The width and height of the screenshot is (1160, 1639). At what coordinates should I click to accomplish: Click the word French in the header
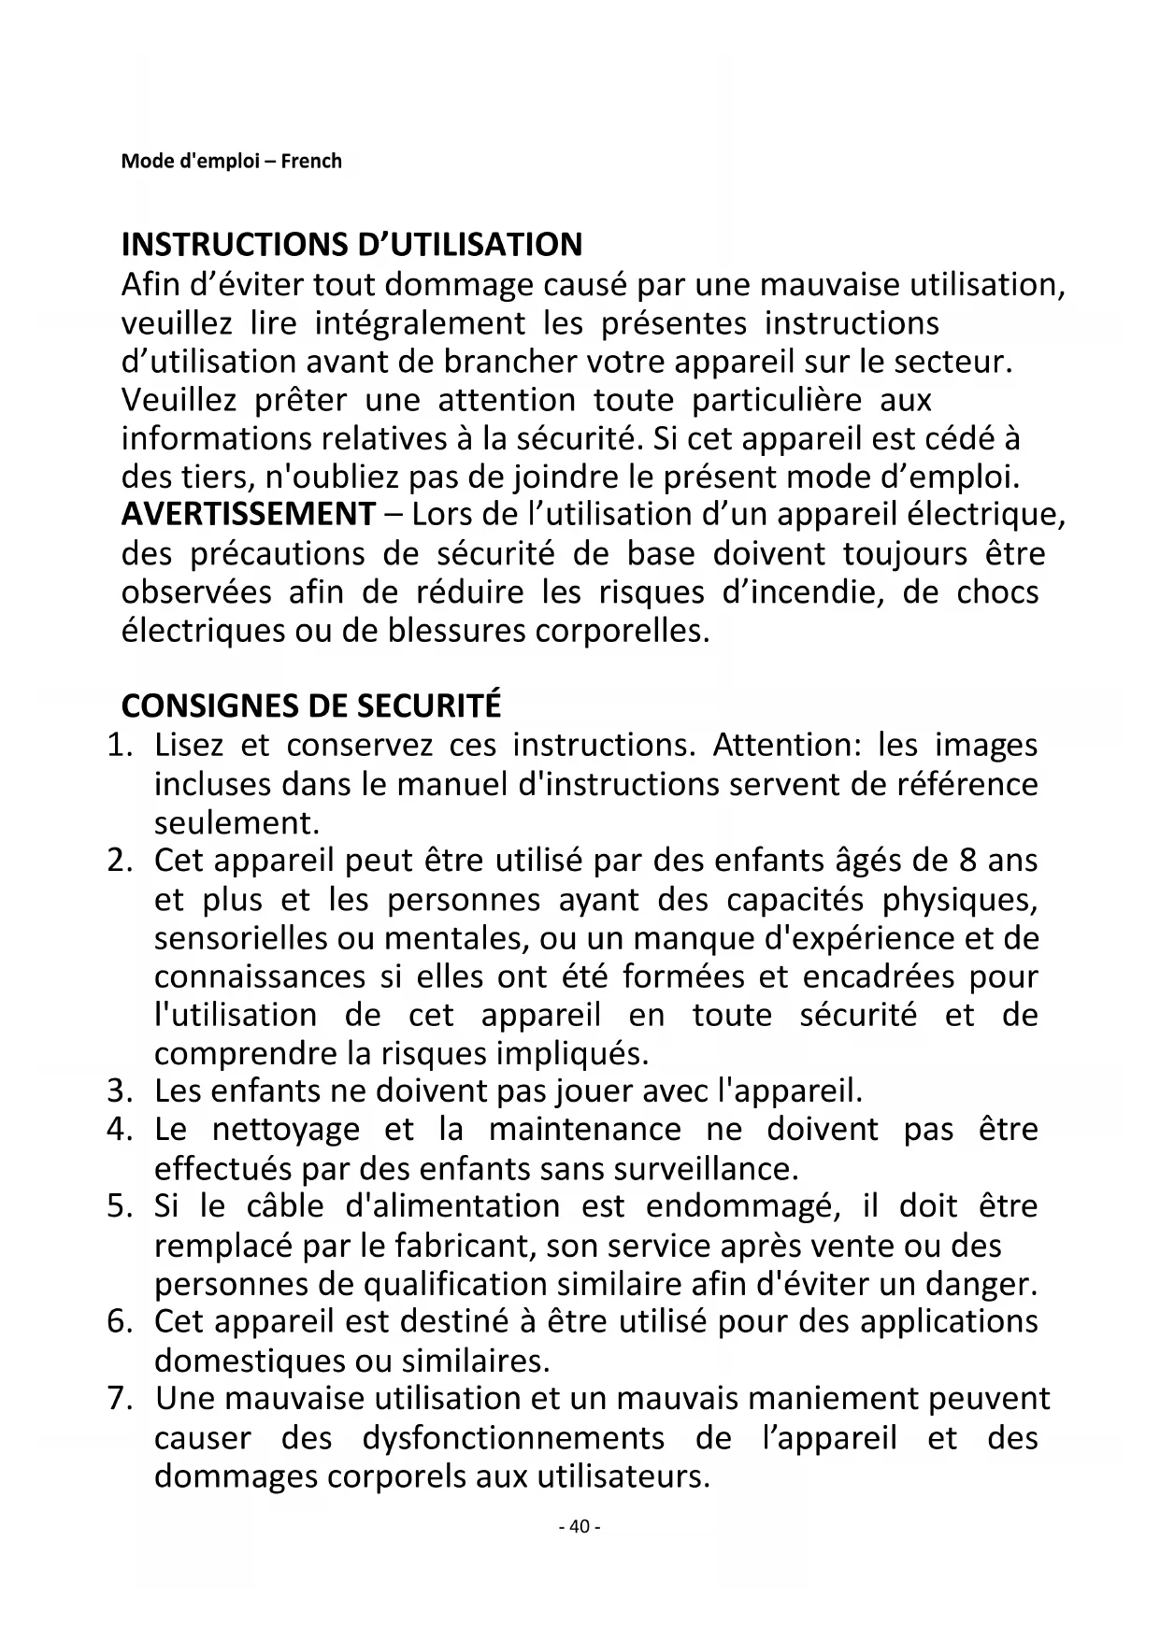(x=311, y=161)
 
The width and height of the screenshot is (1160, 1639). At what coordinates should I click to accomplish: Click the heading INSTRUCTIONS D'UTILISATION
(x=351, y=245)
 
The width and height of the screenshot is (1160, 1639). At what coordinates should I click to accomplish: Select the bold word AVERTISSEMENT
(x=249, y=515)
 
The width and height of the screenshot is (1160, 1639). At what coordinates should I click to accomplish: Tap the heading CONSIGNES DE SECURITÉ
(x=311, y=705)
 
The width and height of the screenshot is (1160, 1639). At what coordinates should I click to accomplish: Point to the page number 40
(x=580, y=1527)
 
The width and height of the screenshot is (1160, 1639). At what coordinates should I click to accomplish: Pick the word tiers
(x=205, y=477)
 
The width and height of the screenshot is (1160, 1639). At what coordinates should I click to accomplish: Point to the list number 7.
(x=118, y=1399)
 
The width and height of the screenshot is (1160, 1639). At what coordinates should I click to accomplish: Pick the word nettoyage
(x=285, y=1130)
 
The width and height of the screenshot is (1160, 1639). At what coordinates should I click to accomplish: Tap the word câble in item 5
(x=285, y=1206)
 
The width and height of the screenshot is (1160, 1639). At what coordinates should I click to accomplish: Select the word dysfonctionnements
(x=513, y=1437)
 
